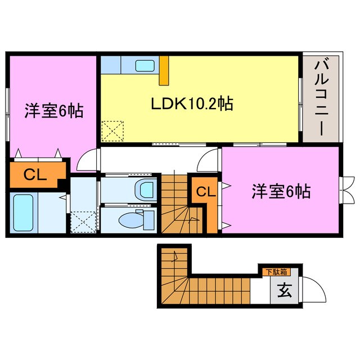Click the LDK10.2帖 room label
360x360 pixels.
click(192, 103)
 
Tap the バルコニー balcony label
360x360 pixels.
click(321, 96)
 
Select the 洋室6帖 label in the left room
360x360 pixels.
click(53, 111)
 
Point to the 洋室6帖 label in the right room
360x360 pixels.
click(281, 192)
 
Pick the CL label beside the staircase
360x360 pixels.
click(205, 192)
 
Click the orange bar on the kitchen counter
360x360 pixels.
click(164, 70)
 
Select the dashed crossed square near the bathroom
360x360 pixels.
click(83, 220)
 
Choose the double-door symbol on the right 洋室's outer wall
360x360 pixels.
click(346, 189)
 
